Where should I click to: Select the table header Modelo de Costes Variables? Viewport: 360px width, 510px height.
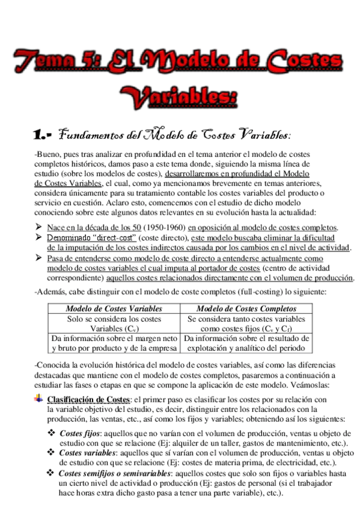click(114, 309)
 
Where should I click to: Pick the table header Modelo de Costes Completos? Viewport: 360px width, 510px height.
click(246, 309)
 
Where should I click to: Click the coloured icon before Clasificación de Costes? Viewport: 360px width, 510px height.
click(40, 399)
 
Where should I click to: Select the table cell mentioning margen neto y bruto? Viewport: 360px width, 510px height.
click(114, 343)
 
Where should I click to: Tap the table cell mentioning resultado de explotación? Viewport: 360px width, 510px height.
click(246, 343)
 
